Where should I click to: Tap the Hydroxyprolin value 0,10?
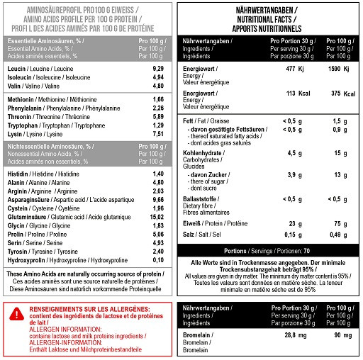click(x=158, y=260)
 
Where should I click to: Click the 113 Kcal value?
click(x=292, y=92)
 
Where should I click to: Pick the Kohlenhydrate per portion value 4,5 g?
click(x=292, y=152)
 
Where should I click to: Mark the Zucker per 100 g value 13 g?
click(x=340, y=174)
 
